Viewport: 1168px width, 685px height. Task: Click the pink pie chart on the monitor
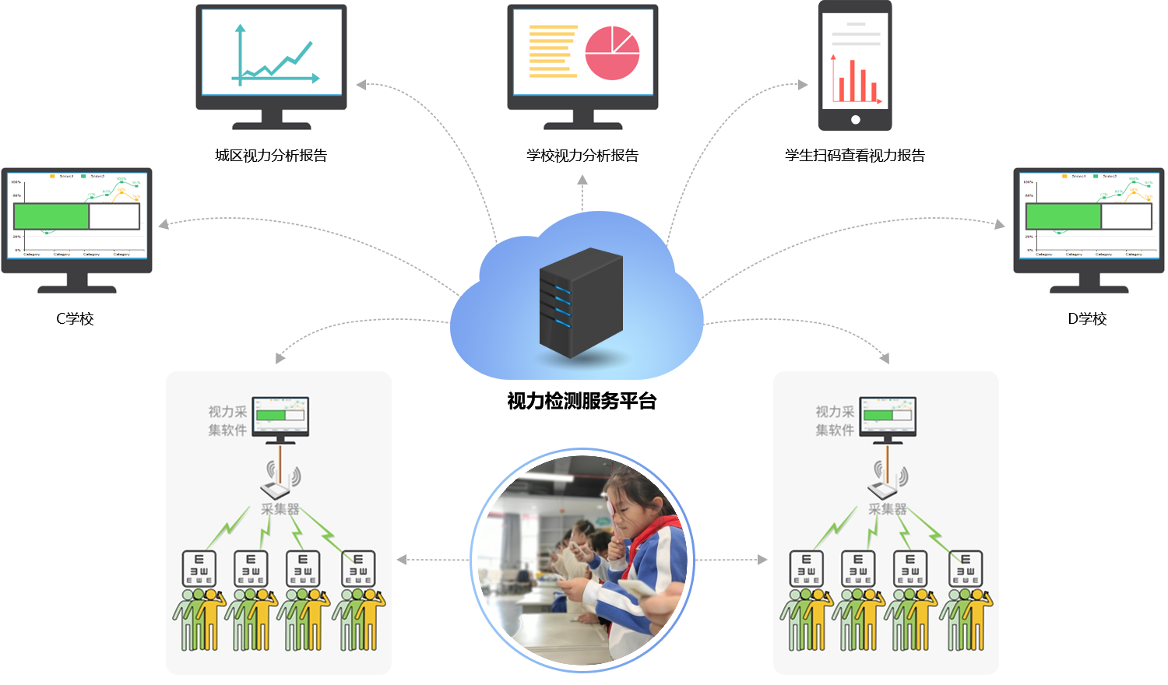(612, 53)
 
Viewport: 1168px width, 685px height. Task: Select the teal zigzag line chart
(274, 61)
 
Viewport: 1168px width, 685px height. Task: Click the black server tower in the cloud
(581, 302)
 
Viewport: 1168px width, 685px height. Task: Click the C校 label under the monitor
(76, 318)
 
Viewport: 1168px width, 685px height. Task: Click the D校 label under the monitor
(1087, 318)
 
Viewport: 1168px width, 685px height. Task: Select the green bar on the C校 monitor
(51, 216)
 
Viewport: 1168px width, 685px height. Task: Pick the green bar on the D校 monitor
(1063, 216)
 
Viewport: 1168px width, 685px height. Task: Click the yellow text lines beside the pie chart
(552, 51)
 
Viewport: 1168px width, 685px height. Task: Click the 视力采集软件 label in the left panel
(227, 420)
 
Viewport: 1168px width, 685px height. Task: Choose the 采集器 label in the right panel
(888, 509)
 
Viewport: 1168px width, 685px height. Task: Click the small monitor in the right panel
(888, 417)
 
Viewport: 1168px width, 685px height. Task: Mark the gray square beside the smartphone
(804, 84)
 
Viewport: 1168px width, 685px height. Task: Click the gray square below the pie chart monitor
(582, 180)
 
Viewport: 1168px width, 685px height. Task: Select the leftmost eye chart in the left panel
(199, 568)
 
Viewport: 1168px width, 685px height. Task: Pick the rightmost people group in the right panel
(966, 619)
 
